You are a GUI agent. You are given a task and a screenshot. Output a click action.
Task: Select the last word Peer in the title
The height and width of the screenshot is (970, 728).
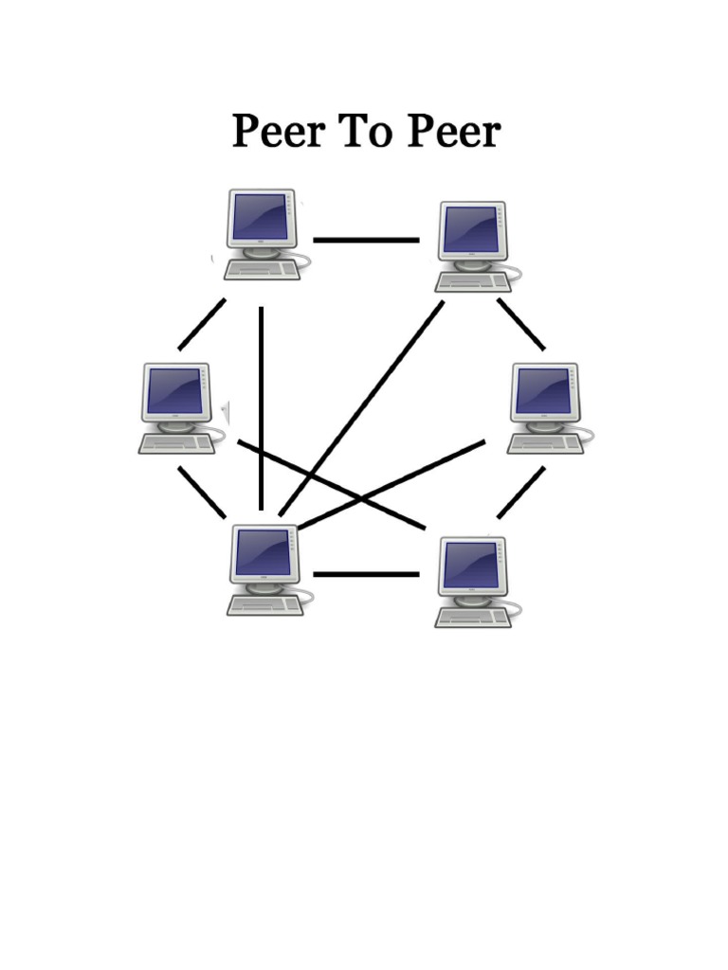point(452,132)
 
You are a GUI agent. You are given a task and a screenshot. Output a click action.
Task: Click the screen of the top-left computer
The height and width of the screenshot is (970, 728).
point(260,217)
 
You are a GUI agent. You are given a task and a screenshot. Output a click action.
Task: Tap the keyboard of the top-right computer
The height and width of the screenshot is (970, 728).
point(471,281)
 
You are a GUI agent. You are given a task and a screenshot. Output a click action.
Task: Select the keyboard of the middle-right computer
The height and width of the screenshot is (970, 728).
point(543,443)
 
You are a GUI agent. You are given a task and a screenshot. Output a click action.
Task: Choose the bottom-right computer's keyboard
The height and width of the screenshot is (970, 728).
point(471,617)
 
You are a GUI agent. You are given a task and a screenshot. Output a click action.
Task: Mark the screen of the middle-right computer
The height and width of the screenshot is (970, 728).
point(543,391)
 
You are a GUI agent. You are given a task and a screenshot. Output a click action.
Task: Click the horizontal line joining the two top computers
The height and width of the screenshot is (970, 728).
point(366,240)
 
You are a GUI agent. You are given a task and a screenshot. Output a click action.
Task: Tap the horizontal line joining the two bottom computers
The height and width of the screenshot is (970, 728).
point(366,574)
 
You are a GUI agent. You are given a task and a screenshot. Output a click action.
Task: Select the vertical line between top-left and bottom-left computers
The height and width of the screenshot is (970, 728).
point(261,407)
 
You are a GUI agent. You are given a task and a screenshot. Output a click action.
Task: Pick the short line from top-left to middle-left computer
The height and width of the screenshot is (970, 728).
point(202,324)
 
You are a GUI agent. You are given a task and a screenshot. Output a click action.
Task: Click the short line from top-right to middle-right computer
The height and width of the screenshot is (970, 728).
point(521,324)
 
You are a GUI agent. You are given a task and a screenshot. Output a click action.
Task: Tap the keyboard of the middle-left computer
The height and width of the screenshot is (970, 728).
point(176,443)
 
